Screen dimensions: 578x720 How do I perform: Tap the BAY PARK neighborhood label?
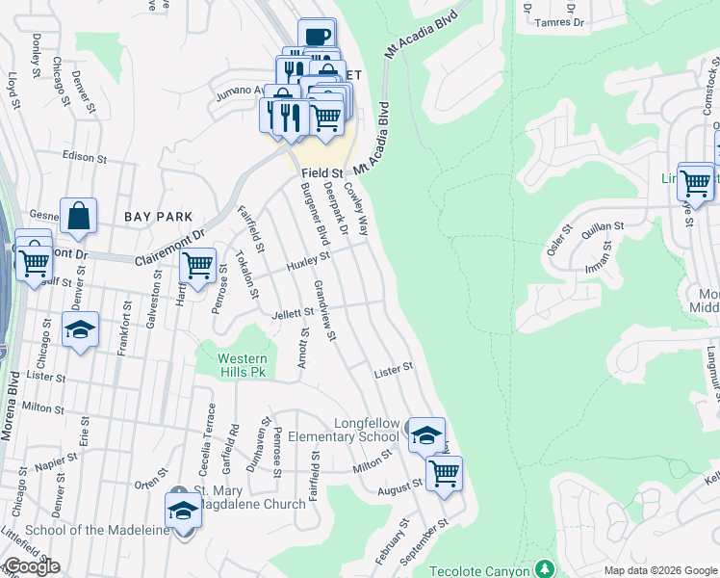[159, 218]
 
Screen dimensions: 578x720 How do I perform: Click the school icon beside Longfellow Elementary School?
[425, 434]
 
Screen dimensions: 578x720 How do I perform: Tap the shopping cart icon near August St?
[444, 472]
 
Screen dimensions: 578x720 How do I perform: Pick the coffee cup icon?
[317, 36]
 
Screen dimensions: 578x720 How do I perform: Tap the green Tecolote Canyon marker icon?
[545, 568]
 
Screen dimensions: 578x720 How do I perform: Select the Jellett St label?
[295, 312]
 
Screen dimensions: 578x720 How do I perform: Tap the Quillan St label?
[604, 227]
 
